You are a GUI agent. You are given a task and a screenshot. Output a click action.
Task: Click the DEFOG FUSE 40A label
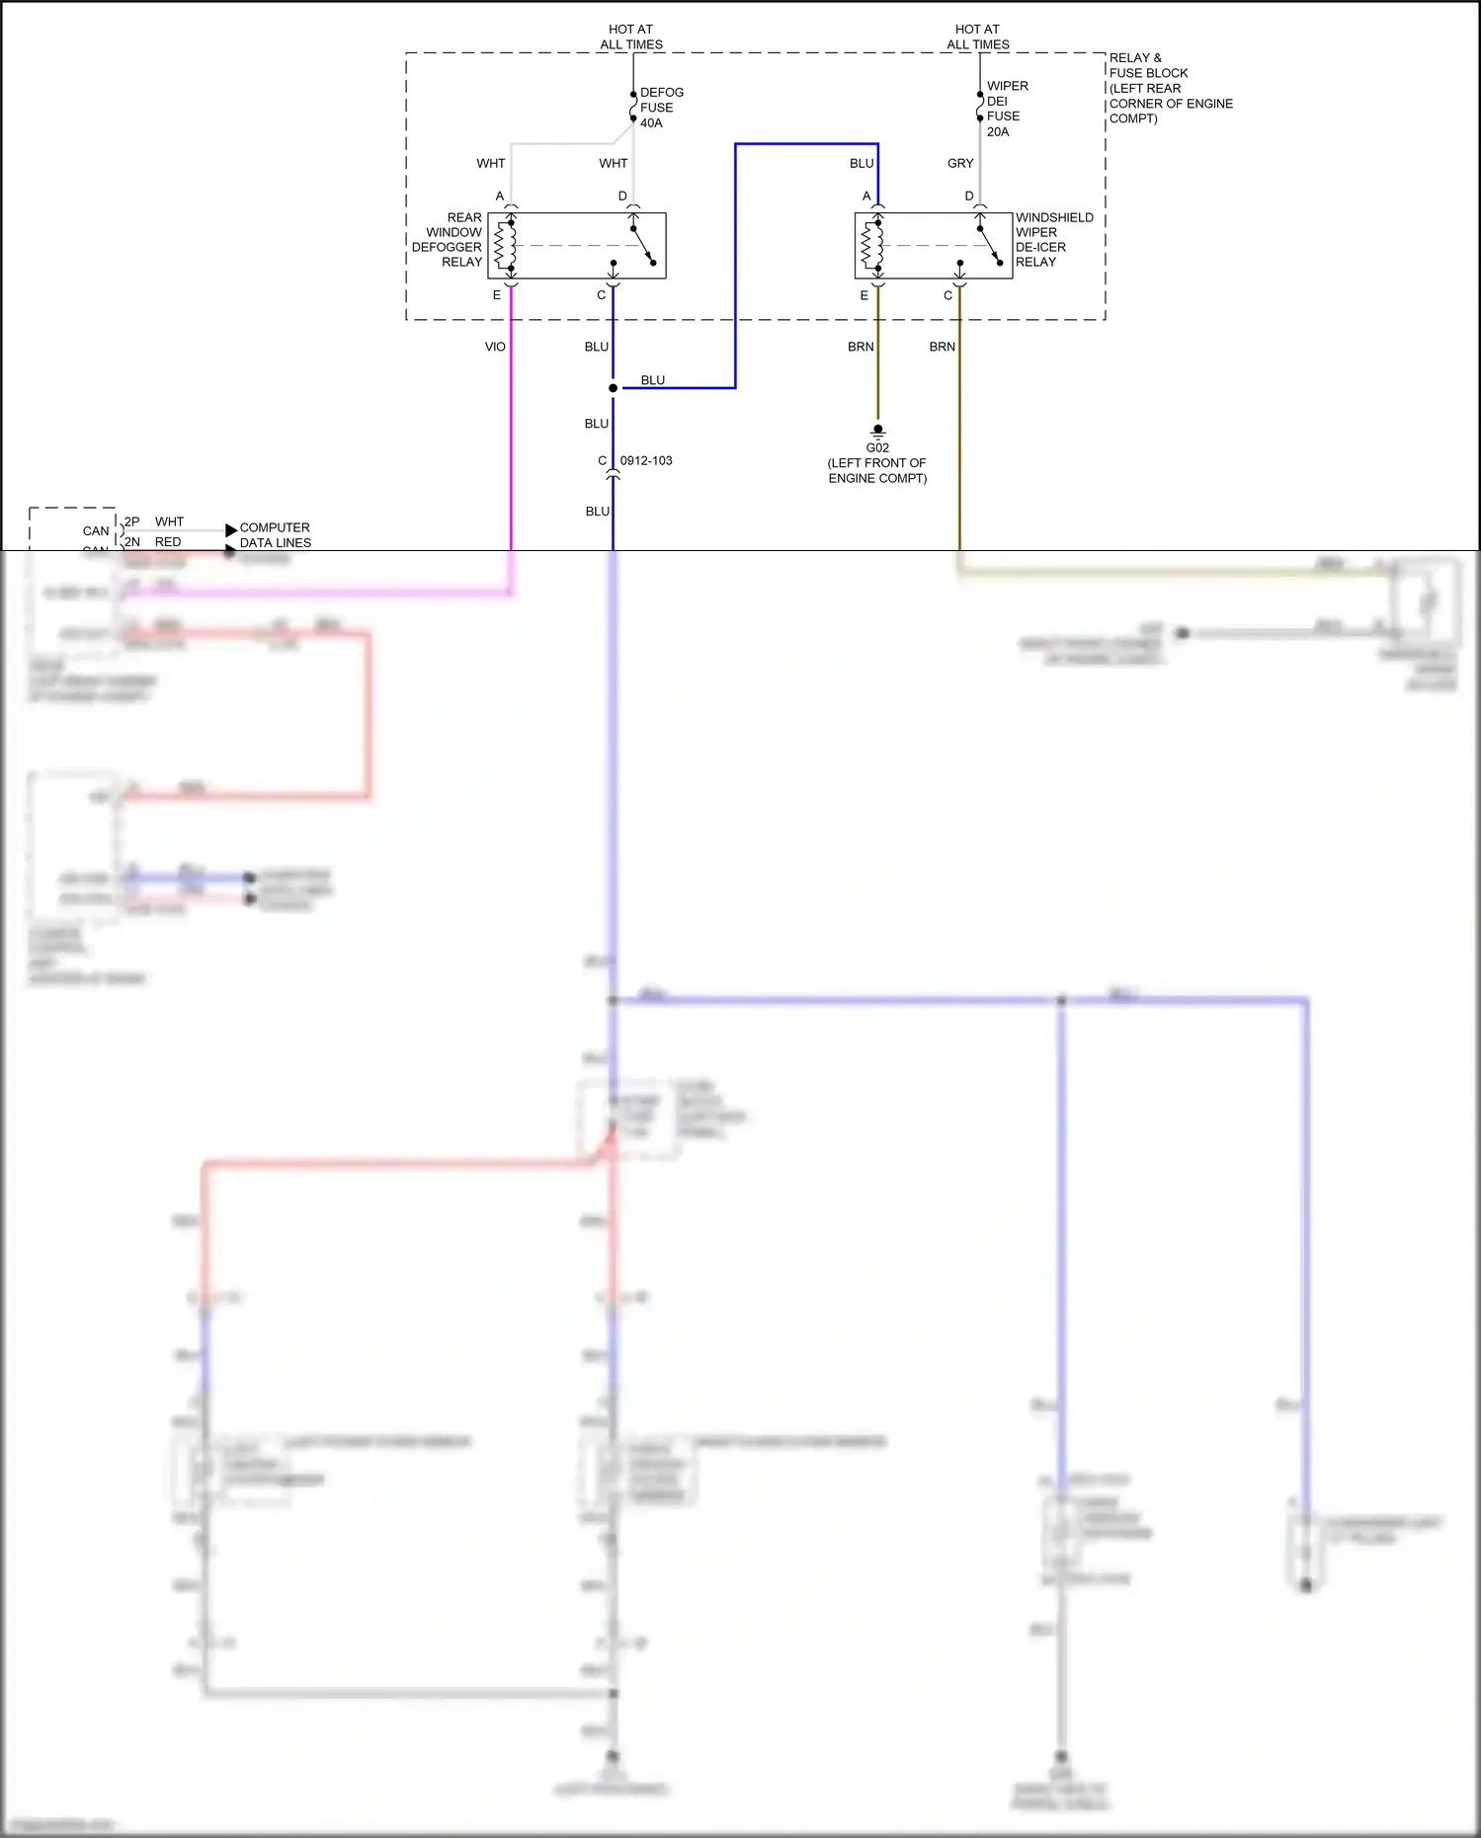pyautogui.click(x=660, y=108)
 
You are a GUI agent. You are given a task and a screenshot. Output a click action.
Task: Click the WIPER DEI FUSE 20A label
pyautogui.click(x=1006, y=109)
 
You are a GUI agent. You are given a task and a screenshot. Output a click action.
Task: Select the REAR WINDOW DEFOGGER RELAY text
pyautogui.click(x=449, y=240)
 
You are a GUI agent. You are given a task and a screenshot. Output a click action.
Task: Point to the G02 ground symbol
pyautogui.click(x=877, y=431)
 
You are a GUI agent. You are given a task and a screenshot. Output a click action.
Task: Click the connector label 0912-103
pyautogui.click(x=646, y=461)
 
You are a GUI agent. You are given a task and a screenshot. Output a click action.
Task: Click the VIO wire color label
pyautogui.click(x=495, y=347)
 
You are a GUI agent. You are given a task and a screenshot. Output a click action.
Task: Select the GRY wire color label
pyautogui.click(x=960, y=164)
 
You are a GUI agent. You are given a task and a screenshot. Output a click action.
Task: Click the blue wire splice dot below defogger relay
pyautogui.click(x=613, y=388)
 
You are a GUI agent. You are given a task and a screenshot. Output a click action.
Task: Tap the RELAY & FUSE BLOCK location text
pyautogui.click(x=1169, y=88)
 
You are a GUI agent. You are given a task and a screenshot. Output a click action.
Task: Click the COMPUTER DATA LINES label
pyautogui.click(x=275, y=535)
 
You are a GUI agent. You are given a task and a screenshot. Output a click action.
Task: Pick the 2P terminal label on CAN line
pyautogui.click(x=131, y=521)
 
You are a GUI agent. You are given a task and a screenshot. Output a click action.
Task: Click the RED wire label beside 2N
pyautogui.click(x=168, y=542)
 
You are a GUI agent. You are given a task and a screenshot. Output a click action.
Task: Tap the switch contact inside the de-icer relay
pyautogui.click(x=990, y=246)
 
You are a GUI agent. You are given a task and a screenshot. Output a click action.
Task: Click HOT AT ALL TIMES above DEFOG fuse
pyautogui.click(x=631, y=38)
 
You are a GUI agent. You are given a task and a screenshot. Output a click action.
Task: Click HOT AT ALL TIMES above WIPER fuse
pyautogui.click(x=978, y=38)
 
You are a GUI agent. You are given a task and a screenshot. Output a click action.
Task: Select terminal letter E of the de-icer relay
pyautogui.click(x=864, y=295)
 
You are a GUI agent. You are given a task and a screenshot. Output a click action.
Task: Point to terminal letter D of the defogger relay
pyautogui.click(x=622, y=197)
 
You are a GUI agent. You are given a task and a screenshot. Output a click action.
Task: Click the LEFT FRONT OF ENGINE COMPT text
pyautogui.click(x=877, y=471)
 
